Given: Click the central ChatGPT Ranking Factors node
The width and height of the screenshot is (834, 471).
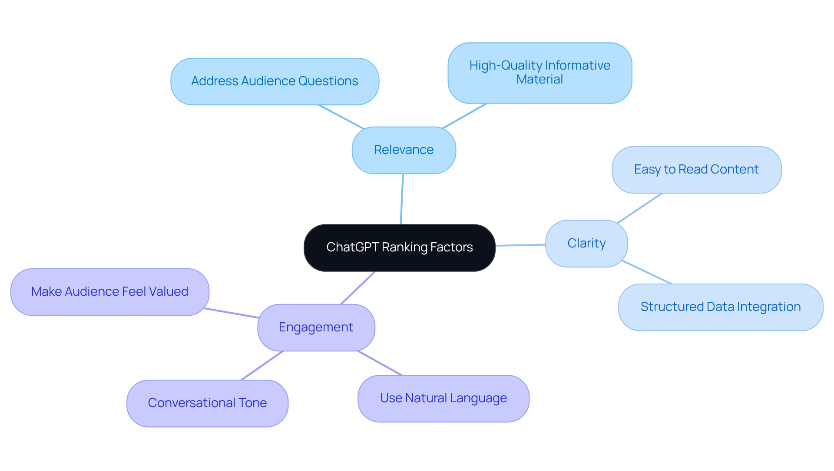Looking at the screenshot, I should [x=399, y=247].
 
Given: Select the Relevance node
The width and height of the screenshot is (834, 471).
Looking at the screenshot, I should [x=404, y=150].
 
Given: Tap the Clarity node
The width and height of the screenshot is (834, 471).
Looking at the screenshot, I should [x=586, y=243].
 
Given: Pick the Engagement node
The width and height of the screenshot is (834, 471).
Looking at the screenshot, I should [x=316, y=327].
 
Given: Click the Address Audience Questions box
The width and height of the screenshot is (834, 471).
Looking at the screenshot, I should [x=275, y=81].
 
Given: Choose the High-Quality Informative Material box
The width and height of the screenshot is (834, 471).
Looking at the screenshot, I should [x=539, y=73].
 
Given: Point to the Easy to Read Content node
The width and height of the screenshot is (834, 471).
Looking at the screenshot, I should [x=696, y=170].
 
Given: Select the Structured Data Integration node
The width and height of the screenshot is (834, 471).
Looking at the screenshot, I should [x=720, y=307].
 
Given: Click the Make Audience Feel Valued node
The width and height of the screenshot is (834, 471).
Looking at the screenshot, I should [x=109, y=291].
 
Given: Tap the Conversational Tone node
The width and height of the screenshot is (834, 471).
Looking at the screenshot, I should [x=207, y=403].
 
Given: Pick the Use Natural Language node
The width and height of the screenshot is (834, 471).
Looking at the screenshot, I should [x=443, y=398].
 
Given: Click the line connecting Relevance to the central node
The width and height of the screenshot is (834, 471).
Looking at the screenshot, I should [x=402, y=199].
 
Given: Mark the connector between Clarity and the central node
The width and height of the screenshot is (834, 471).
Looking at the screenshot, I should [x=520, y=245].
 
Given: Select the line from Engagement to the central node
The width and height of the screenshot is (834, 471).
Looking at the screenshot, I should [x=358, y=288].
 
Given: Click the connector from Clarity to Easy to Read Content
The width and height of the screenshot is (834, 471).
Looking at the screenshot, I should [x=639, y=208].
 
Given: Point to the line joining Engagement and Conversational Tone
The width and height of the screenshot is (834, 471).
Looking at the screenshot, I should [x=262, y=366].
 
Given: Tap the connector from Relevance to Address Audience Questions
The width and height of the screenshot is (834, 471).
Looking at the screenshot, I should [x=341, y=117].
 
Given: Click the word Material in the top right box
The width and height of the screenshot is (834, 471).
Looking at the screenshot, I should [x=539, y=80].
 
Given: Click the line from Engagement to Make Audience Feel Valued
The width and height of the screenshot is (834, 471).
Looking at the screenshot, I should [x=231, y=313].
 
